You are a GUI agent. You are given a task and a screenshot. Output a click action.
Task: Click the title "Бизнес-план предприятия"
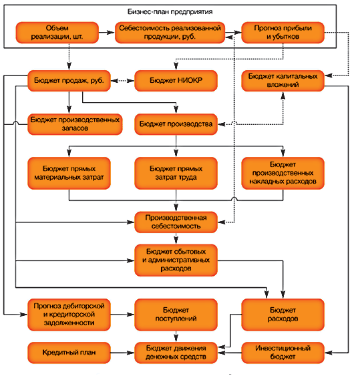(170, 12)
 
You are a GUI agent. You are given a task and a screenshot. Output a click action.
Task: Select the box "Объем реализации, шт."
(57, 33)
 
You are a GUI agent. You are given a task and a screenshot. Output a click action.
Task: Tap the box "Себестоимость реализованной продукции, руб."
(170, 33)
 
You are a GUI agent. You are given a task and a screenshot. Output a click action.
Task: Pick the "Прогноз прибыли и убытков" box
(283, 33)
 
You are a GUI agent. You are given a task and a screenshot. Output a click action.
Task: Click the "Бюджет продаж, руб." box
(69, 81)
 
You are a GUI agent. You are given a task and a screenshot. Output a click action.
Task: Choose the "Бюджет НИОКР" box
(176, 81)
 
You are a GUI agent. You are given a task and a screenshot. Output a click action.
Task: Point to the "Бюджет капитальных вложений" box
(283, 81)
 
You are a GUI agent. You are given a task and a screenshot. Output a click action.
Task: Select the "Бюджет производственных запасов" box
(75, 124)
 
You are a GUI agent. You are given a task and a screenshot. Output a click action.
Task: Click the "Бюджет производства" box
(176, 124)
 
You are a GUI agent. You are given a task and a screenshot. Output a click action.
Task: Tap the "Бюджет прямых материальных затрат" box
(69, 173)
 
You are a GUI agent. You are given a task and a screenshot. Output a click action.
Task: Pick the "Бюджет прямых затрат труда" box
(176, 173)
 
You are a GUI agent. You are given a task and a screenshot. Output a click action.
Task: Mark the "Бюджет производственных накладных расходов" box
(283, 173)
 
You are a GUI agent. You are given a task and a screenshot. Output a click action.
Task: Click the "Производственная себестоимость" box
(176, 222)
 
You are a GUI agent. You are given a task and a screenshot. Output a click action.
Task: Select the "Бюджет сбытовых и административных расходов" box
(176, 260)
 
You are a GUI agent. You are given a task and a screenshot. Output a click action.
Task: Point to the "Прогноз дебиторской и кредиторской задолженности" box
(69, 315)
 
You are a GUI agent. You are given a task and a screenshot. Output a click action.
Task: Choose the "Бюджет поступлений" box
(176, 315)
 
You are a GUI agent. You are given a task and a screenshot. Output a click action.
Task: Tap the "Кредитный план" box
(69, 353)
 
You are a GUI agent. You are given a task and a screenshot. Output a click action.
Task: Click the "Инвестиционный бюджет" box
(283, 353)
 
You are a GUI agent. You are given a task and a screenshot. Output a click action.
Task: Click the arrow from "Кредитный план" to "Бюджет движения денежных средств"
(122, 353)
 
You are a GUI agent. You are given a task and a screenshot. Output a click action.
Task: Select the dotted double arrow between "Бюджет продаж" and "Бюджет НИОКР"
(122, 81)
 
